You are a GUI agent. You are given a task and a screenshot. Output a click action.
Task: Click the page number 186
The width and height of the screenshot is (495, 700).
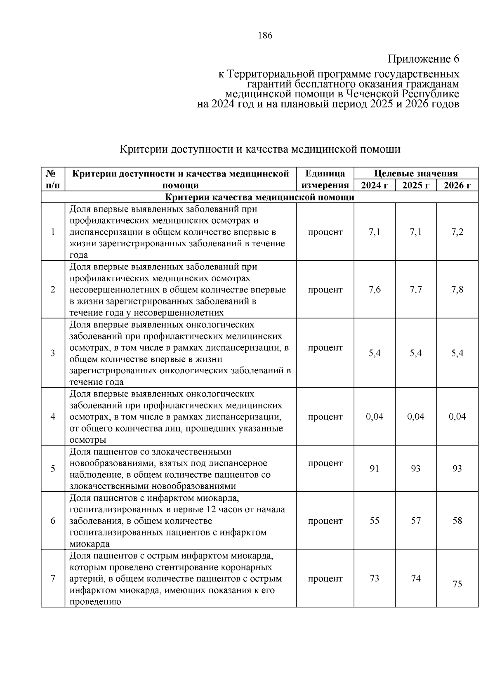pos(265,35)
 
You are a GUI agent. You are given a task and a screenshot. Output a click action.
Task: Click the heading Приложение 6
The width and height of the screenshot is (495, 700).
pos(423,59)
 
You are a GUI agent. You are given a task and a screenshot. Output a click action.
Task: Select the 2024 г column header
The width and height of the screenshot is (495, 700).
pos(375,185)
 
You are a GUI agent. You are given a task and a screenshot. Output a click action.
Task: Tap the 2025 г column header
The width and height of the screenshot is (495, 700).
pos(416,185)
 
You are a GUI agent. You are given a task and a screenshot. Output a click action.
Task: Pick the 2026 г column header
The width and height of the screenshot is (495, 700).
pos(457,185)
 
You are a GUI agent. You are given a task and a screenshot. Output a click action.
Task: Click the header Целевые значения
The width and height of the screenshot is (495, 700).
pos(416,173)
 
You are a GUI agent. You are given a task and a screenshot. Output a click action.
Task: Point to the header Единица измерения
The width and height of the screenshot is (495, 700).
pos(325,179)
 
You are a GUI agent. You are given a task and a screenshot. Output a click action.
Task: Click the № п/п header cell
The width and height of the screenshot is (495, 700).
pos(53,179)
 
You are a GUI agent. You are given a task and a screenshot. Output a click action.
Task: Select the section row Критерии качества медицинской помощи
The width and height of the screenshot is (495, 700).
pos(259,197)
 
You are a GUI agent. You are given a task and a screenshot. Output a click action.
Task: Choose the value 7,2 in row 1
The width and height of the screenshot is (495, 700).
pos(457,232)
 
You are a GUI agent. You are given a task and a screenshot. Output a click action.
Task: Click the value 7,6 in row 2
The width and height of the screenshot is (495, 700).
pos(375,290)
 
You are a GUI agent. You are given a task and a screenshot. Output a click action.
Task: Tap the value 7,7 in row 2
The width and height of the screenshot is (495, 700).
pos(416,290)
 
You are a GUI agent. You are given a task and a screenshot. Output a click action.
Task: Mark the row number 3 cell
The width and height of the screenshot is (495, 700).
pos(53,353)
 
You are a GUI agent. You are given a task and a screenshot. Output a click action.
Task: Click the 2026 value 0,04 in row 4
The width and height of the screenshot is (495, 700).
pos(457,417)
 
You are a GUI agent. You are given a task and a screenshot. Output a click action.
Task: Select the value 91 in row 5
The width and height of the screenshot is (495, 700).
pos(375,469)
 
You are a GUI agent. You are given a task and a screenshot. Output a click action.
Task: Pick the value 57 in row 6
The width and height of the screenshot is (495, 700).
pos(416,521)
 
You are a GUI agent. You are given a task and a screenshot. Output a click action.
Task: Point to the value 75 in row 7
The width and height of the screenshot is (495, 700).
pos(457,584)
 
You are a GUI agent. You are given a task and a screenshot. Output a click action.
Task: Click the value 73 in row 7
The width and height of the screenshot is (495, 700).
pos(375,578)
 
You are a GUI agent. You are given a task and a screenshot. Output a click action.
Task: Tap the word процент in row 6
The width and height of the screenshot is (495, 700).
pos(325,521)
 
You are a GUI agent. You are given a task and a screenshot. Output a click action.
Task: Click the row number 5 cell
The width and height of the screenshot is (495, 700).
pos(53,469)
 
